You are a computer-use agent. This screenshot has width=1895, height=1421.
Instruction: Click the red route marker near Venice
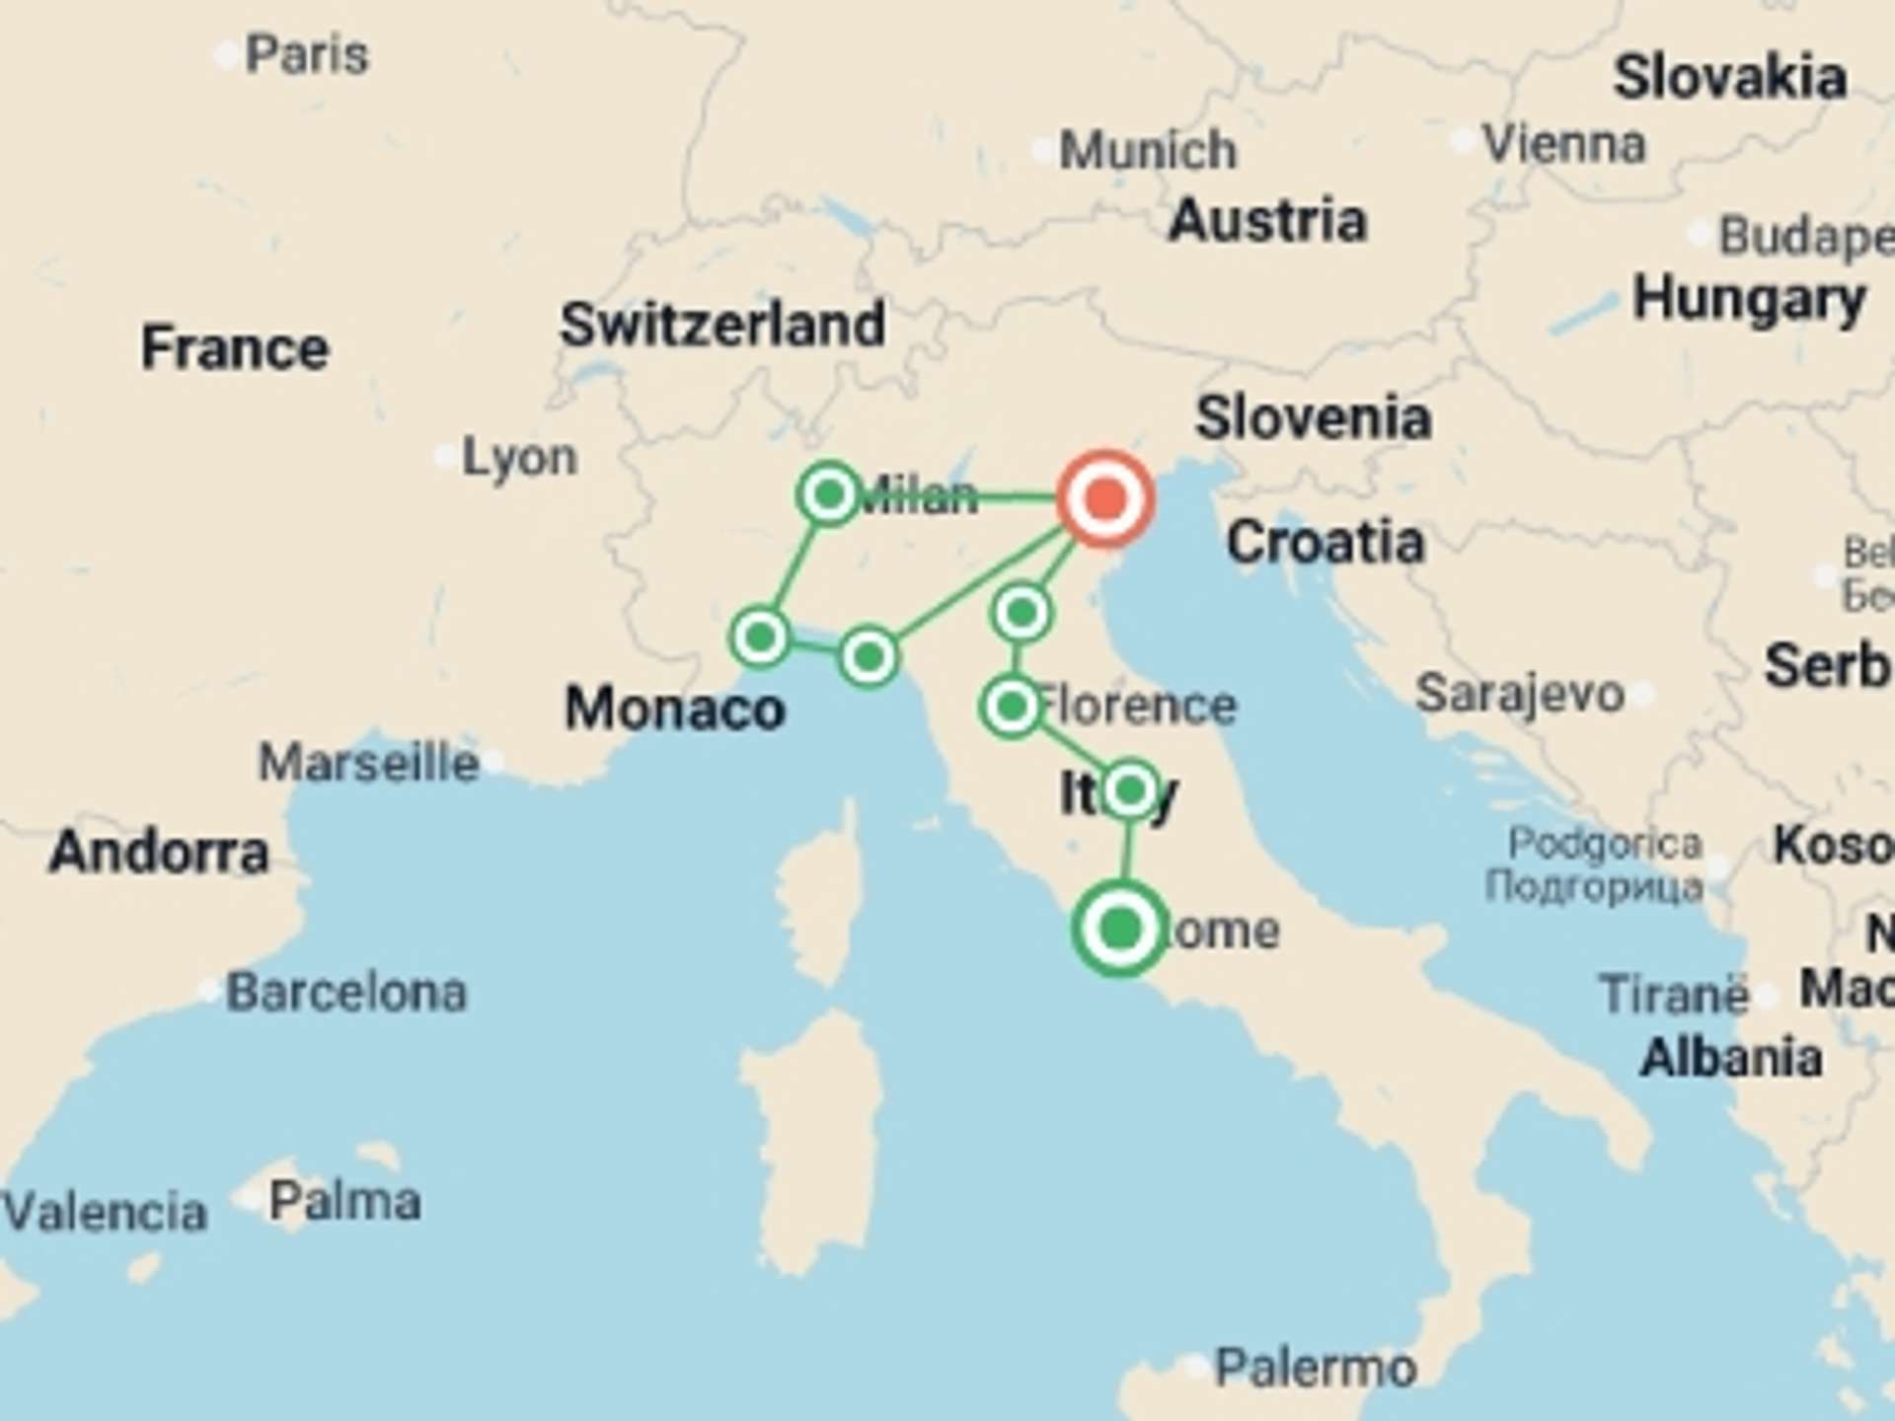(1105, 499)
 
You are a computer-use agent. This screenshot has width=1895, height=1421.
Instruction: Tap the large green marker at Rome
(1120, 929)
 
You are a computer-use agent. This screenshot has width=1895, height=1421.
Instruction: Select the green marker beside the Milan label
(829, 493)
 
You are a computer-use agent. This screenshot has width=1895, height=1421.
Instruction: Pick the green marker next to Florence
(1011, 707)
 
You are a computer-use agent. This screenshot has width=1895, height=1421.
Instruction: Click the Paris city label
(306, 54)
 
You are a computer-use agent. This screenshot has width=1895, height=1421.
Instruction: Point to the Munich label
(1147, 151)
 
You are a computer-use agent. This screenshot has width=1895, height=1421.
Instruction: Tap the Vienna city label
(1564, 145)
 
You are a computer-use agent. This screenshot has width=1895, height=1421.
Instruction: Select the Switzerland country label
(721, 325)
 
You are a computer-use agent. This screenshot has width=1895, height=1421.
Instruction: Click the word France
(235, 348)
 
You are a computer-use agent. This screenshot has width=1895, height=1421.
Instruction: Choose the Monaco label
(675, 710)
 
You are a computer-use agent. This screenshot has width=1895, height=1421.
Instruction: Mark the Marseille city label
(368, 763)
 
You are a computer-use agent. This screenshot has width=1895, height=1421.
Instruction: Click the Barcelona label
(346, 992)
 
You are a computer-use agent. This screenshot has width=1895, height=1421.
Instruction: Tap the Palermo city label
(1316, 1368)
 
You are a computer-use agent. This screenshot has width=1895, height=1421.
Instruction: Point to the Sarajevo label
(1520, 694)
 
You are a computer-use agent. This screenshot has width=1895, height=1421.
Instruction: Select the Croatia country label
(1326, 543)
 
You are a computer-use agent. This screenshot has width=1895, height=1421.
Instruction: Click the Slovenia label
(1314, 418)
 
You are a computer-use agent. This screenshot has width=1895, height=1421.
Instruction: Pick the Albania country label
(1731, 1058)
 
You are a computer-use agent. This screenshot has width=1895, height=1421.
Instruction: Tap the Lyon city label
(519, 458)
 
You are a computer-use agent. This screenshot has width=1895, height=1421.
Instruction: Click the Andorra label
(159, 852)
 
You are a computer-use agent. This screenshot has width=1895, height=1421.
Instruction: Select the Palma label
(345, 1201)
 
